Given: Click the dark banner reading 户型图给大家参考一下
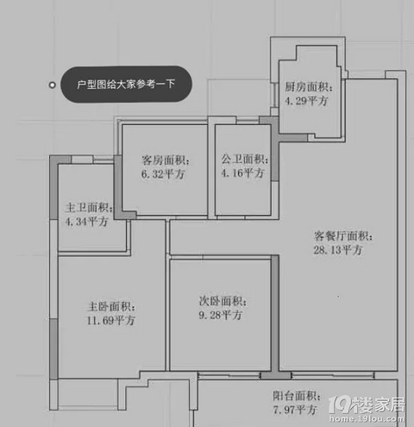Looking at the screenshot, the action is coord(126,85).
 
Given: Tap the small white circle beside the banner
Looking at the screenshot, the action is coord(52,85).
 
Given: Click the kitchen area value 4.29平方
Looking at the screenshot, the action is coord(306,101).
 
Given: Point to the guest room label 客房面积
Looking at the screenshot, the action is coord(166,160).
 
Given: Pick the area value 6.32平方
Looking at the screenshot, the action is coord(163,174).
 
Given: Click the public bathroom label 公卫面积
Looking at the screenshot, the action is coord(245,159).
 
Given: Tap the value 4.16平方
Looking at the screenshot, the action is coord(242,173).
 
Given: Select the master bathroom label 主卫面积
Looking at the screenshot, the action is coord(89,208).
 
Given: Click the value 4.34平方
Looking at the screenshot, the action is coord(87,222).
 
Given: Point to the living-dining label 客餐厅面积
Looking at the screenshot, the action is coord(343,236).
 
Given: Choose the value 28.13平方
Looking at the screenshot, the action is coord(338,250).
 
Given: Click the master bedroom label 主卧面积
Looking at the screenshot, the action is coord(111,306).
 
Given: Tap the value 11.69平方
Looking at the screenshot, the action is coord(111,320).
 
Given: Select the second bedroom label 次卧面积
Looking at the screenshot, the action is coord(223,301).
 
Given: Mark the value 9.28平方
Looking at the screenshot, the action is coord(221,315).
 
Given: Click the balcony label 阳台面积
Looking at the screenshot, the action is coord(297,396).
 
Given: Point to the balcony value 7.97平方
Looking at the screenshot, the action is coord(295,410).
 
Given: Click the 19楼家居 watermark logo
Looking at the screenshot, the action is coord(367,405).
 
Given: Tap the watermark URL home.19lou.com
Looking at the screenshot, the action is coord(367,418).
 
